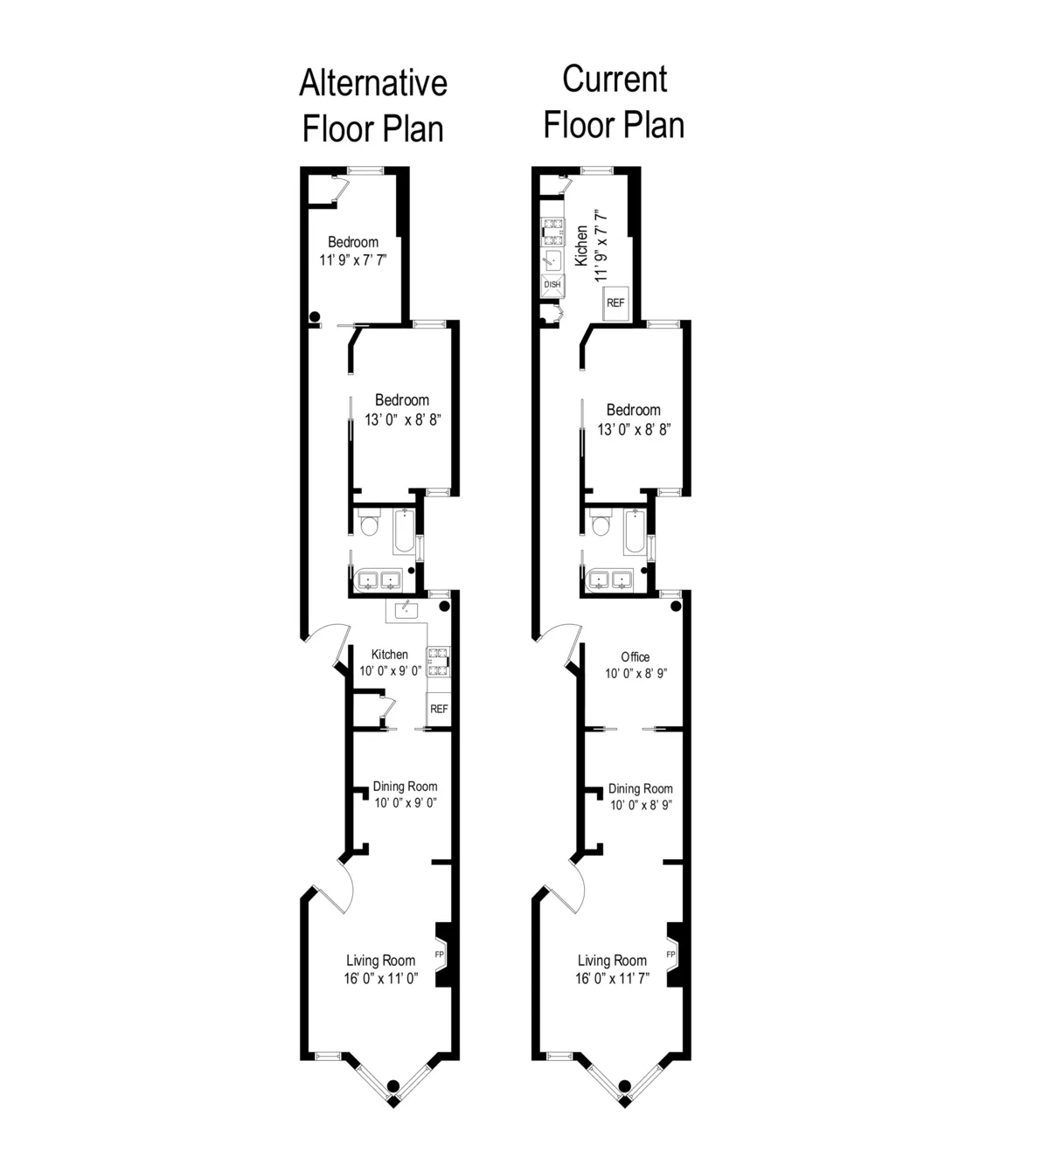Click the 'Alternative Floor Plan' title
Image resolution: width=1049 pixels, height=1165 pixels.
click(x=373, y=106)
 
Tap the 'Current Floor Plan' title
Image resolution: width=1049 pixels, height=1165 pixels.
click(x=614, y=101)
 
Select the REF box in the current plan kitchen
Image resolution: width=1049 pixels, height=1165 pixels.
click(x=615, y=302)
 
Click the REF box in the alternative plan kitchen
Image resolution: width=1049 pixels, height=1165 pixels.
click(x=439, y=709)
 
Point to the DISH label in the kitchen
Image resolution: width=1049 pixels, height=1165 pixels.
click(x=552, y=285)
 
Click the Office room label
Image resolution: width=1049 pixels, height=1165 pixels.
click(x=636, y=657)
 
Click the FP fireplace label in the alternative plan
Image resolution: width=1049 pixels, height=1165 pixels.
click(x=439, y=954)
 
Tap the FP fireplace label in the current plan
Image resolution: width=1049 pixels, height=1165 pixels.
click(x=670, y=954)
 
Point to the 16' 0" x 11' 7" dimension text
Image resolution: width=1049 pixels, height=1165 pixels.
click(x=612, y=979)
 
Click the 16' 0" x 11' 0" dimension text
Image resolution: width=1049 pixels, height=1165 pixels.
click(x=381, y=979)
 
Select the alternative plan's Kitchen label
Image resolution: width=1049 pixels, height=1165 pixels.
click(x=389, y=655)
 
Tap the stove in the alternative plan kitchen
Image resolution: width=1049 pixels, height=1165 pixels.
click(x=437, y=662)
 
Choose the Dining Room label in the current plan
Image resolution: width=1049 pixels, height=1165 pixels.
click(x=641, y=788)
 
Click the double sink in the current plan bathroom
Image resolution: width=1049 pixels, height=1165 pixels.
click(x=611, y=579)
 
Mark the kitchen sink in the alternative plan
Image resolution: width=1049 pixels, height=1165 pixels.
click(x=406, y=609)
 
